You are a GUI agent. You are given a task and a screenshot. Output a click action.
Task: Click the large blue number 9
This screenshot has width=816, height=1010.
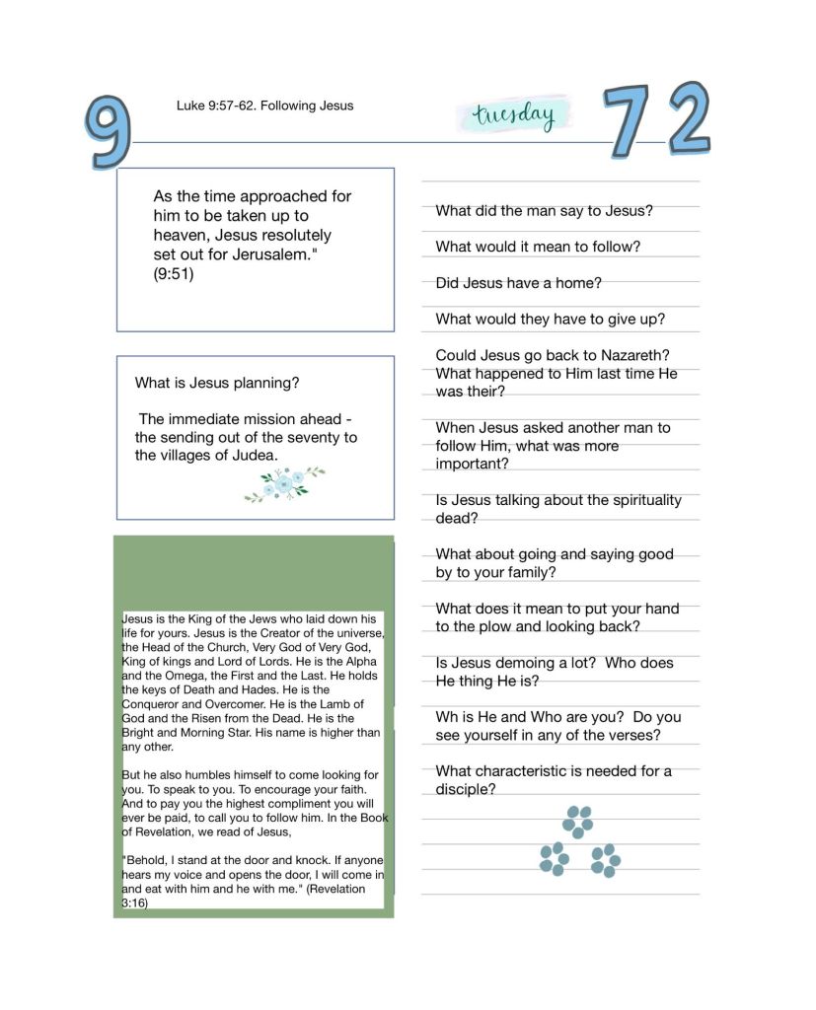click(109, 131)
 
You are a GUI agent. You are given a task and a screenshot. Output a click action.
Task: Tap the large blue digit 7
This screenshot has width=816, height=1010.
click(628, 121)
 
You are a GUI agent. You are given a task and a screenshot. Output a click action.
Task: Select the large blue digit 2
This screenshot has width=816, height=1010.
click(689, 118)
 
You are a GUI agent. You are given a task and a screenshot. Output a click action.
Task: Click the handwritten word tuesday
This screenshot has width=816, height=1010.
click(513, 115)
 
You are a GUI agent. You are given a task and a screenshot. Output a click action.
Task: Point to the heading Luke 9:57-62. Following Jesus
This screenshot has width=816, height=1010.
click(264, 106)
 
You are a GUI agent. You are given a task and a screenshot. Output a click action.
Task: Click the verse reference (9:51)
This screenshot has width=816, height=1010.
click(174, 274)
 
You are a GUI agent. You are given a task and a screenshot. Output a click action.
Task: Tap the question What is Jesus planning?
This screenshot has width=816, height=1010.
click(217, 383)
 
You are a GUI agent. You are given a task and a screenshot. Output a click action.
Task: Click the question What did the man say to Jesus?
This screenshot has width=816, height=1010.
click(544, 210)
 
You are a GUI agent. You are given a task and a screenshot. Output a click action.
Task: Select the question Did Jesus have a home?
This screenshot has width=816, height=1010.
click(518, 283)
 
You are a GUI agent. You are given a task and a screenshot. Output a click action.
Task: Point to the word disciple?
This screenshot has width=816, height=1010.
click(465, 789)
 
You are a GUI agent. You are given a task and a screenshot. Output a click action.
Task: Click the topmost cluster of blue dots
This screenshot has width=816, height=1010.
click(577, 821)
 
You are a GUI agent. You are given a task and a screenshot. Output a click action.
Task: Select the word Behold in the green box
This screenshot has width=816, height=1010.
click(144, 860)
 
